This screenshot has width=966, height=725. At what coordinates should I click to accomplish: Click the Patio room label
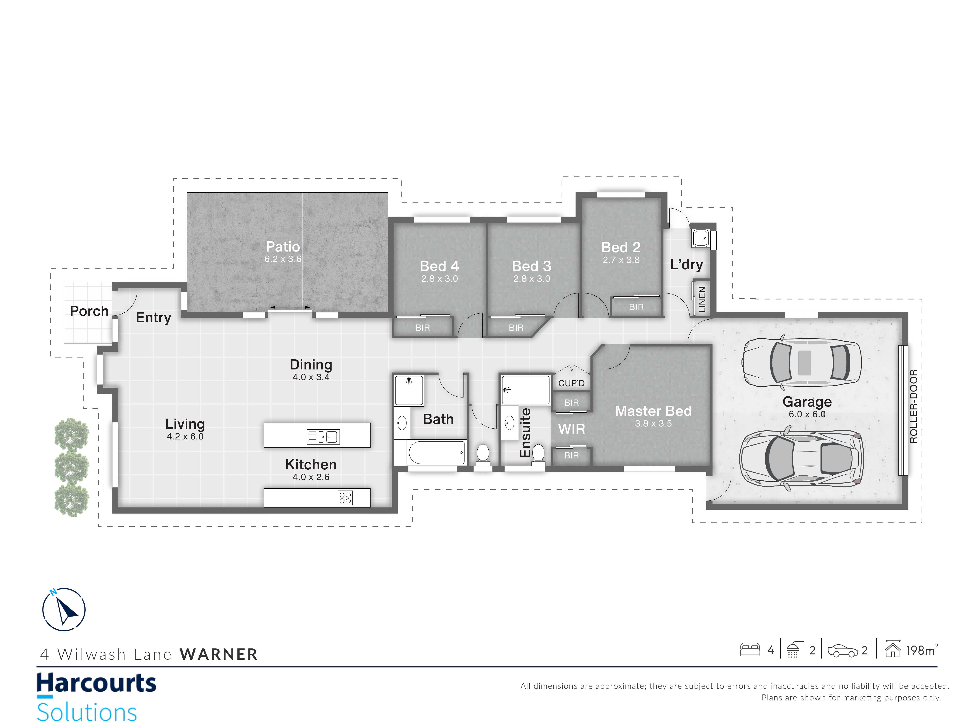click(x=283, y=247)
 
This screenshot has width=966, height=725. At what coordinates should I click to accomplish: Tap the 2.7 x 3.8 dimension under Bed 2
click(x=621, y=260)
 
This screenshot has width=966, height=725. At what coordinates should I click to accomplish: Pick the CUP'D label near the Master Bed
click(x=571, y=383)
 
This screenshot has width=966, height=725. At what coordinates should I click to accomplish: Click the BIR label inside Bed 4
click(x=422, y=328)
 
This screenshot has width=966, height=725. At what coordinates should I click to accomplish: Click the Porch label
click(x=89, y=311)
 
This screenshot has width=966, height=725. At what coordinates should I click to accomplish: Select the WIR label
click(x=571, y=429)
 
